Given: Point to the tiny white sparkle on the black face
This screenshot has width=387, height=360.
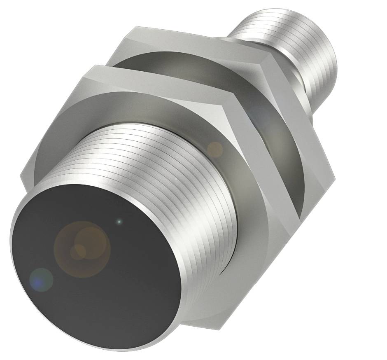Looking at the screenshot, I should click(x=119, y=222).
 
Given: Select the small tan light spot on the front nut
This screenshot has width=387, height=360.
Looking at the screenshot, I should click(x=214, y=149).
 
